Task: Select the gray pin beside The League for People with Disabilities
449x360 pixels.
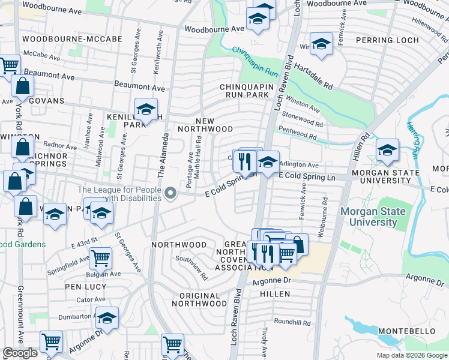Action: (171, 193)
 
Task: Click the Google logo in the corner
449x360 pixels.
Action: (20, 353)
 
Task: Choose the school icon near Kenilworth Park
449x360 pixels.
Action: (145, 110)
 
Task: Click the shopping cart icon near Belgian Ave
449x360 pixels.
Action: (101, 259)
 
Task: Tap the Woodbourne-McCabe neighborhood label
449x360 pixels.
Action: (71, 39)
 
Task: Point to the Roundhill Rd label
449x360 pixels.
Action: (292, 322)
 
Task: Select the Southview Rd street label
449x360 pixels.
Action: (191, 268)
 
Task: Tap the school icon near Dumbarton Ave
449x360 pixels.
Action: (107, 319)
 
